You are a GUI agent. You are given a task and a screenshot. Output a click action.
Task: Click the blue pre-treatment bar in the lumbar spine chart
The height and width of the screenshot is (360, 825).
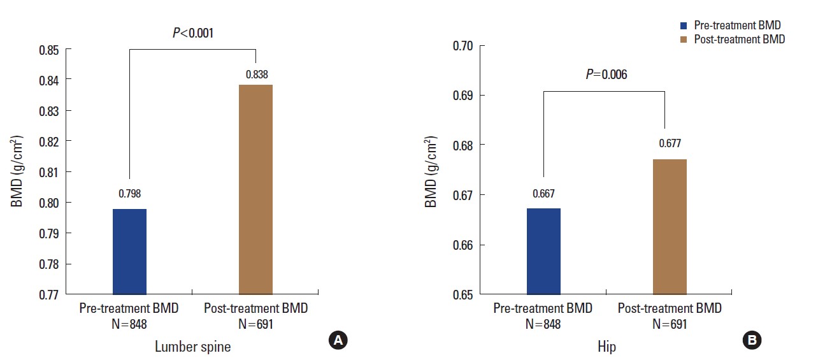click(129, 251)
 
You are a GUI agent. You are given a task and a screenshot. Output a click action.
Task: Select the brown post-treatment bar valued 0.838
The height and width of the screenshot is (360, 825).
click(255, 189)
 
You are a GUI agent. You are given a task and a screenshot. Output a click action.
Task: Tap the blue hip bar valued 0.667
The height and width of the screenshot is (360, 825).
click(543, 251)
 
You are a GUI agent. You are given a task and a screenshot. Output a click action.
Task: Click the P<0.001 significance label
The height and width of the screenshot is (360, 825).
click(192, 32)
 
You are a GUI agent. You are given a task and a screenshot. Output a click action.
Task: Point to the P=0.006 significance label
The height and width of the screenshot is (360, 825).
click(606, 75)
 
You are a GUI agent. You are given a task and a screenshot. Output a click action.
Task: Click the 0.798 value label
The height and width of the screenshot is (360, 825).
click(129, 193)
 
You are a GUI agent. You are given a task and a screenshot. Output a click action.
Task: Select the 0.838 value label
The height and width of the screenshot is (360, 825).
click(255, 74)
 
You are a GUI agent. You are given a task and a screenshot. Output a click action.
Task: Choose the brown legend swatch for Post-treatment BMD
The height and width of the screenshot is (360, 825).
click(684, 40)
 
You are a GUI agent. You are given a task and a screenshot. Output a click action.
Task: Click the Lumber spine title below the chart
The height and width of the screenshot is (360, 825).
click(192, 347)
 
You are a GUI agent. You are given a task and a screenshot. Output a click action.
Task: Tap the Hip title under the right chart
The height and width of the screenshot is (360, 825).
click(606, 347)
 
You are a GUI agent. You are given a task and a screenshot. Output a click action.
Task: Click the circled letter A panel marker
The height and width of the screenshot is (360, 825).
click(338, 341)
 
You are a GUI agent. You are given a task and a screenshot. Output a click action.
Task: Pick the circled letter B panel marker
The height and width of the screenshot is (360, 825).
click(752, 341)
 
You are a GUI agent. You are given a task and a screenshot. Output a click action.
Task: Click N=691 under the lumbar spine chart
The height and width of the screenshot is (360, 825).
click(255, 324)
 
